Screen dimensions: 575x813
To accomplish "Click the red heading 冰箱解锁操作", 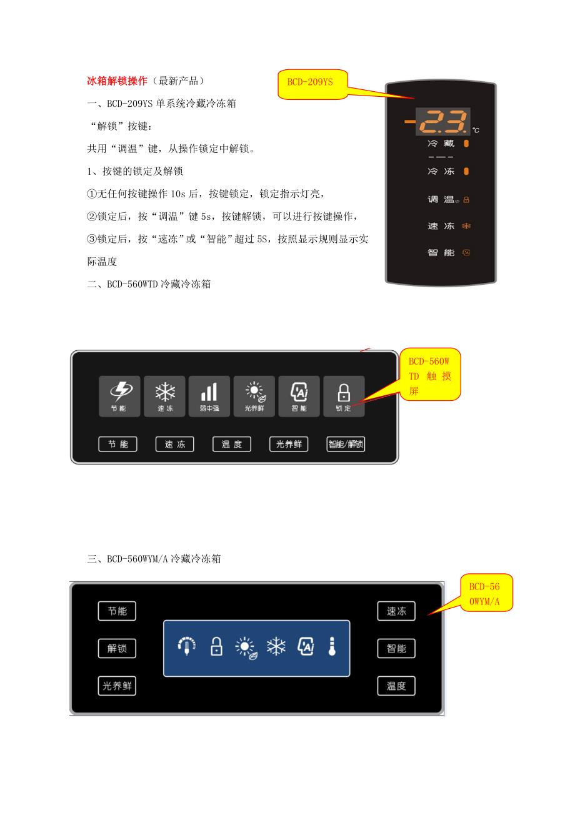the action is click(x=117, y=81).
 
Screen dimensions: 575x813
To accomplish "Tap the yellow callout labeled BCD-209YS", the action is click(x=312, y=84).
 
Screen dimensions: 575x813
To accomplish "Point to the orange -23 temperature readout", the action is click(x=437, y=121).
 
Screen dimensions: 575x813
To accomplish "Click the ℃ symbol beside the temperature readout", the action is click(x=476, y=130).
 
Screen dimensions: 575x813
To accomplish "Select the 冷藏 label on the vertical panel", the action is click(x=441, y=144).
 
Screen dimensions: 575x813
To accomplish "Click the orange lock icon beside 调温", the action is click(x=466, y=200).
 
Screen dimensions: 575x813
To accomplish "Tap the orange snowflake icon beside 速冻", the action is click(x=466, y=226).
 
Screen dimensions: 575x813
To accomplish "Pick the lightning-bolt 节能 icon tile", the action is click(x=119, y=396).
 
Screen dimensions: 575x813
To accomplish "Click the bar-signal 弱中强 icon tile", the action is click(x=209, y=396).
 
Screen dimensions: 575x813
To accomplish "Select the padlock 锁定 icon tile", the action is click(x=344, y=396).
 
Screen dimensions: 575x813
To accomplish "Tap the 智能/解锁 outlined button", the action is click(x=346, y=444).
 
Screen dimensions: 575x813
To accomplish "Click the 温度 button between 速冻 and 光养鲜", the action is click(x=232, y=444).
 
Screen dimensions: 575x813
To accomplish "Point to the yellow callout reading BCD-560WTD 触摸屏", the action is click(x=430, y=375).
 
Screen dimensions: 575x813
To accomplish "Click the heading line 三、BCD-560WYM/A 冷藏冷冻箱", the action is click(x=154, y=559).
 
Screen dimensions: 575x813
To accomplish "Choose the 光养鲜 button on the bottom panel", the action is click(x=117, y=686).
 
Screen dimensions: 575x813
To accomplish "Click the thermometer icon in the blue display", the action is click(x=332, y=646).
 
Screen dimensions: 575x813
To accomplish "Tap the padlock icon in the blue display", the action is click(x=216, y=646).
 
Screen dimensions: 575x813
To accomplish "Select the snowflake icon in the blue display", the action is click(x=276, y=646).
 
